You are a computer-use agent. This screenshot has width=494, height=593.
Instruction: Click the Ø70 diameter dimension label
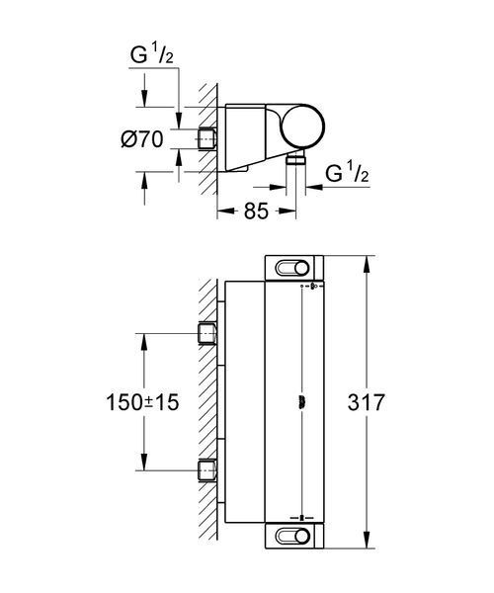pos(142,139)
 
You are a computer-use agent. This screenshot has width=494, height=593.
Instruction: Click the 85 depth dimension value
pos(256,212)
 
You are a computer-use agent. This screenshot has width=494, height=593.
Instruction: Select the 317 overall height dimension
pos(366,402)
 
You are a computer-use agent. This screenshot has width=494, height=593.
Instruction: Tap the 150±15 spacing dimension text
pos(142,402)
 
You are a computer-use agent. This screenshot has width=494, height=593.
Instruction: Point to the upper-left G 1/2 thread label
pos(152,54)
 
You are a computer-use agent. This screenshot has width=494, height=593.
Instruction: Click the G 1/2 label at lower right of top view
pos(347,173)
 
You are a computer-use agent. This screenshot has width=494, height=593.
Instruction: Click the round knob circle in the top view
pos(303,126)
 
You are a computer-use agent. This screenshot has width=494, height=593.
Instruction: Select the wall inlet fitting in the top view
pos(206,140)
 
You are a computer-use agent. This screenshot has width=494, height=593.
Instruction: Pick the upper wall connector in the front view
pos(207,334)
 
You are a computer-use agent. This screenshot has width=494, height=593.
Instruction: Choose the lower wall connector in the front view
pos(207,470)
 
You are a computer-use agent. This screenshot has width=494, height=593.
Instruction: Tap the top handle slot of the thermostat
pos(292,269)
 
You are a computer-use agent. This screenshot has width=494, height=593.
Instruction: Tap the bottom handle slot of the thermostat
pos(292,537)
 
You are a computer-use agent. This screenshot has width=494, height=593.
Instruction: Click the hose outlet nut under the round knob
pos(296,159)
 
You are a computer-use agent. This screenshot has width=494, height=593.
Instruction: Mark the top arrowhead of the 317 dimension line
pos(367,264)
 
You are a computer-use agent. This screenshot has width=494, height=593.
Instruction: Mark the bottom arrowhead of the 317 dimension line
pos(367,540)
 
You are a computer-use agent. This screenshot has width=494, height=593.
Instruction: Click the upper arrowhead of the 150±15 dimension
pos(144,342)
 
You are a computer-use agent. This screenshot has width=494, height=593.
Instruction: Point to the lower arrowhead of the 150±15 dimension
pos(144,463)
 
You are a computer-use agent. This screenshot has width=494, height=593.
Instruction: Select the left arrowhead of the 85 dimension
pos(225,212)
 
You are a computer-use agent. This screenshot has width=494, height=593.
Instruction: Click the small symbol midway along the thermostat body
pos(301,401)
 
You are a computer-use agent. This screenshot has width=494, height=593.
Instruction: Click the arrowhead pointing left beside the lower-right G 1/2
pos(314,187)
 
